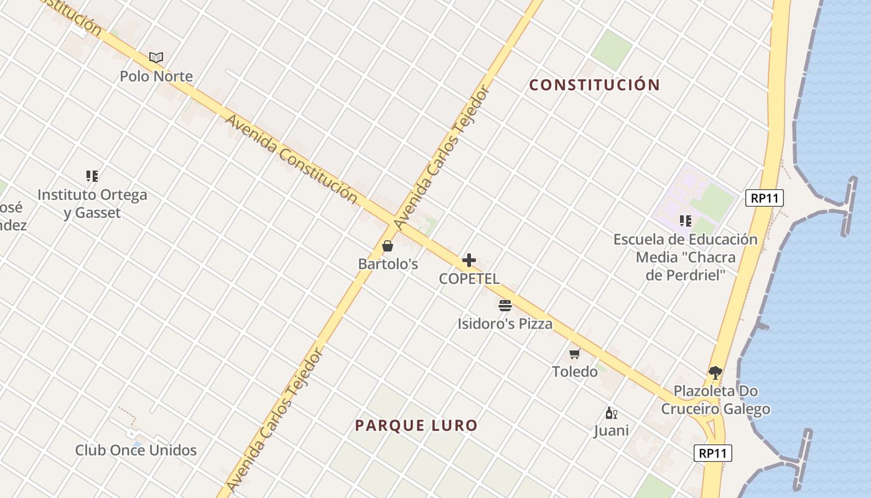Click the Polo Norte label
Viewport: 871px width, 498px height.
click(156, 77)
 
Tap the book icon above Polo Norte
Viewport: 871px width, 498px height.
click(156, 58)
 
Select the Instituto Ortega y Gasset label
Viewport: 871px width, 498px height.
click(92, 204)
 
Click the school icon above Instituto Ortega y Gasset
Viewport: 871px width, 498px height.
click(92, 176)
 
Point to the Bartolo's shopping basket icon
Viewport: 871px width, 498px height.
click(388, 246)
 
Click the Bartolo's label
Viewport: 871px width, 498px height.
click(388, 264)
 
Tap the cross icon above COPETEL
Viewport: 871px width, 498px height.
click(469, 260)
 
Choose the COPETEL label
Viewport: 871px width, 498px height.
click(469, 279)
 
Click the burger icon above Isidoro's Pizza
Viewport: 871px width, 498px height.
click(505, 306)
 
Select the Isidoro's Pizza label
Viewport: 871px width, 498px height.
click(505, 324)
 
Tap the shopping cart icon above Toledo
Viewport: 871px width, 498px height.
click(574, 354)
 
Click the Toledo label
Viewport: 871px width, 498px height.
click(574, 372)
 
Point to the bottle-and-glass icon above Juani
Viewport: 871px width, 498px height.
click(611, 413)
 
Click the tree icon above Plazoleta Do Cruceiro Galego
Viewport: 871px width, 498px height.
click(715, 373)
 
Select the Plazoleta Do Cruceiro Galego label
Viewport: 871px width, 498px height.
click(715, 400)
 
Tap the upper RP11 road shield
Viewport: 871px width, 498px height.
click(764, 199)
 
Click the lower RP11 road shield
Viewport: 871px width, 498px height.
click(712, 453)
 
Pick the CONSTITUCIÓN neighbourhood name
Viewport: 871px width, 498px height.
click(594, 85)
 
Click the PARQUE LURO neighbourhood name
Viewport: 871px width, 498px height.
click(416, 426)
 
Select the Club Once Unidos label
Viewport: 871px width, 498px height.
click(136, 450)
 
